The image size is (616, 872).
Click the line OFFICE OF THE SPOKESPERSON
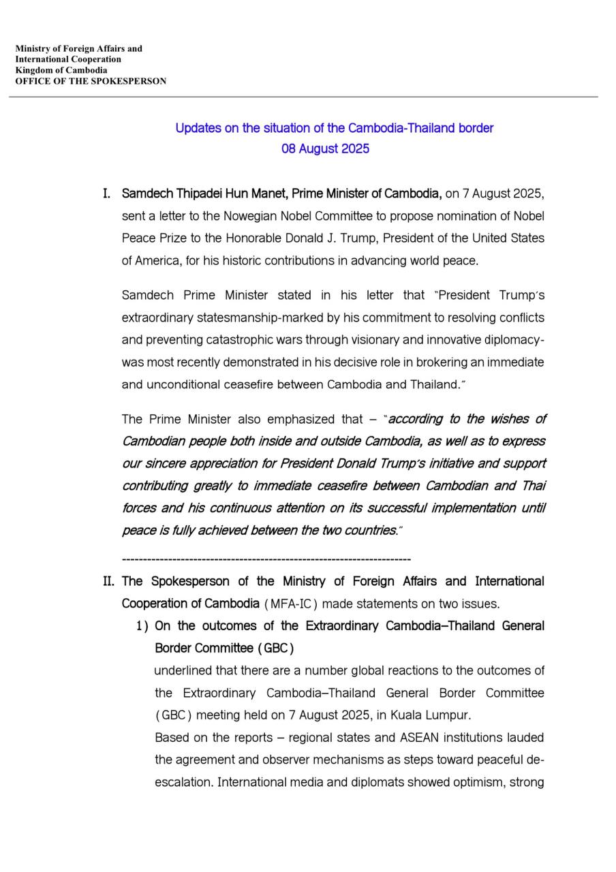(91, 81)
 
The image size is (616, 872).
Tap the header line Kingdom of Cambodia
(61, 70)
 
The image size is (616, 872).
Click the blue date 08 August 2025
(325, 149)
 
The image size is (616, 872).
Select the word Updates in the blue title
(196, 128)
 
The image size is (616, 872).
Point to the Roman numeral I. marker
(107, 194)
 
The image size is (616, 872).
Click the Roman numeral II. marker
(108, 581)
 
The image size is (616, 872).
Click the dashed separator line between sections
(266, 559)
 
